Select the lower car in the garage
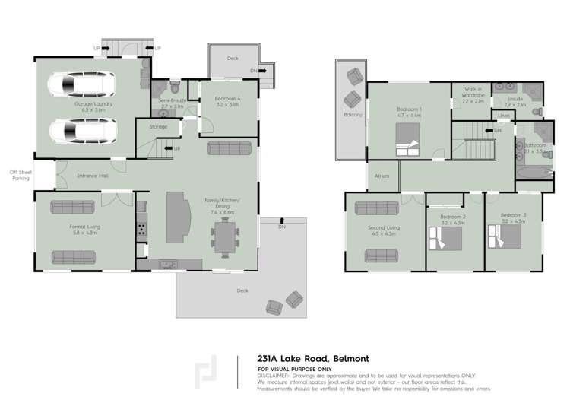[80, 131]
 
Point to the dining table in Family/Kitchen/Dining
[225, 236]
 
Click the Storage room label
[158, 127]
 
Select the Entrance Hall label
[92, 176]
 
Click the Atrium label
[382, 176]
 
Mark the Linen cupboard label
[503, 116]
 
